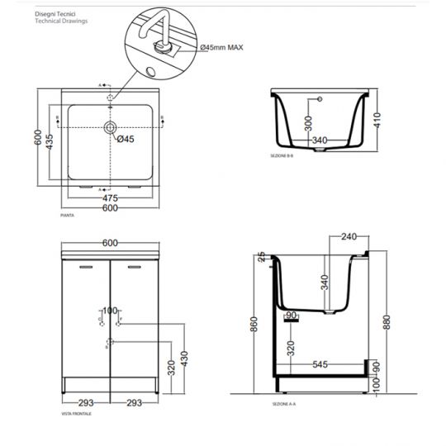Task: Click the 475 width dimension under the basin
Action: point(110,198)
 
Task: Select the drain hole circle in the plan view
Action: point(109,128)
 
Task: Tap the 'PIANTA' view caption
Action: point(68,216)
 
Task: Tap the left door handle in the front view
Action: point(86,268)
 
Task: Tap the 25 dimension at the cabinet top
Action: point(261,257)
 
